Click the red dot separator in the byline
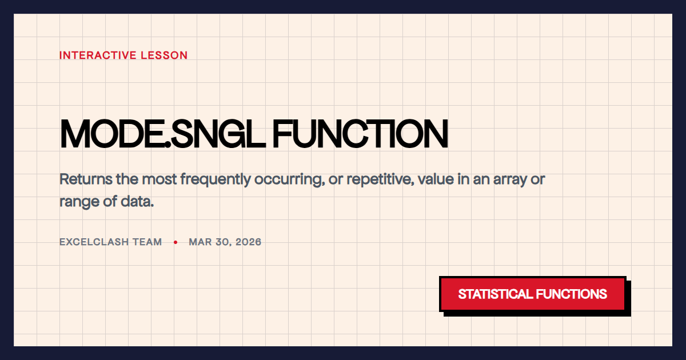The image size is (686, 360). point(176,242)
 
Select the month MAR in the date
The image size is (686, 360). point(200,242)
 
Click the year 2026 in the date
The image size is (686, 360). point(248,242)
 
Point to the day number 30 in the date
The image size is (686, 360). point(222,242)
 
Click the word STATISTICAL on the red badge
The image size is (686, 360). point(494,294)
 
